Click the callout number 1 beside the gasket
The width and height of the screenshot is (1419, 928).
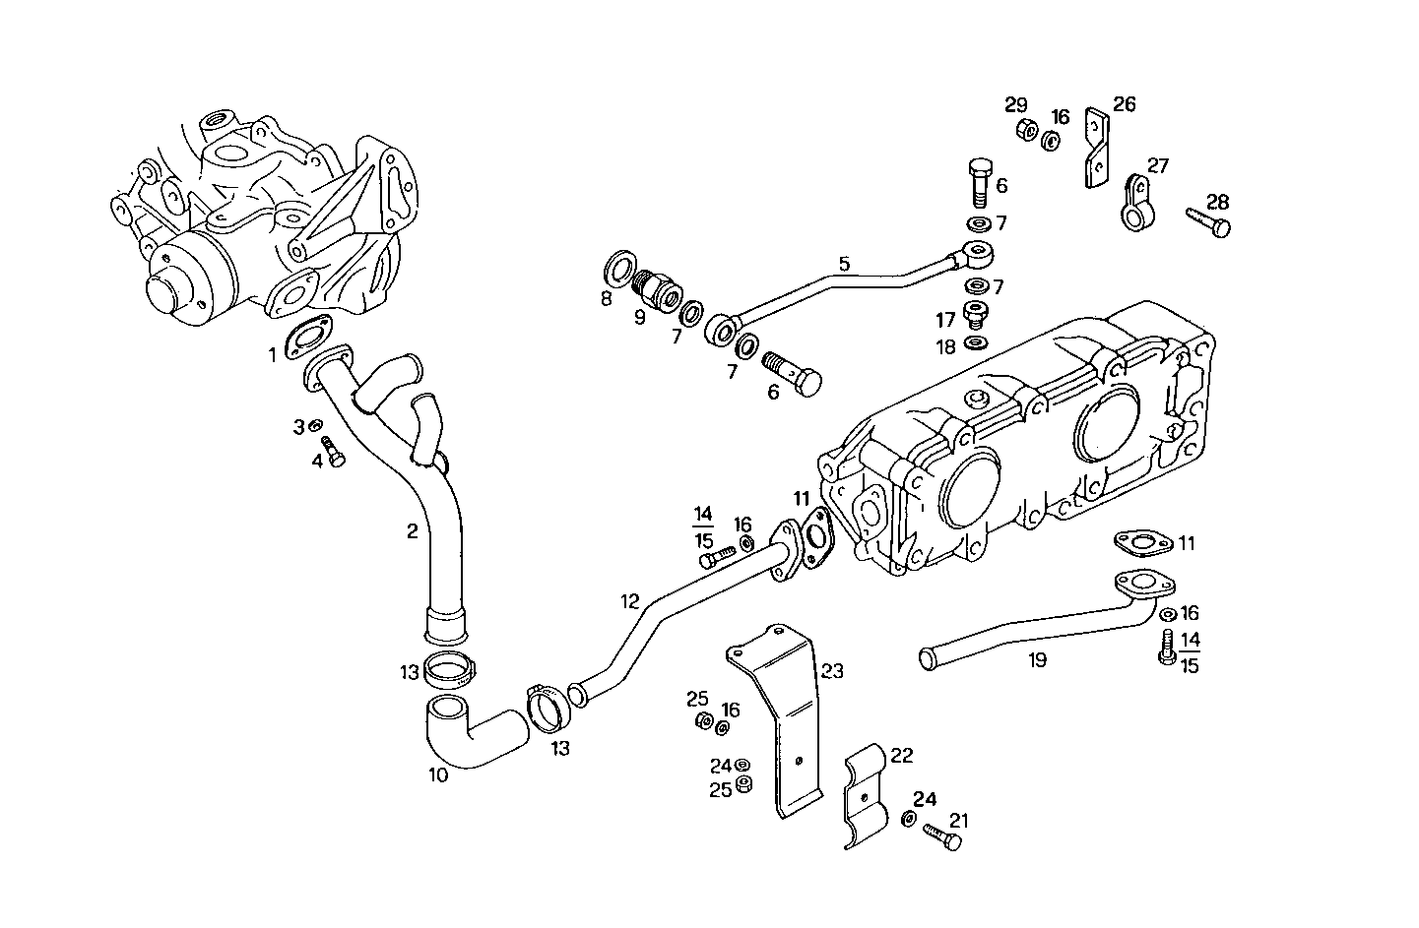pyautogui.click(x=274, y=354)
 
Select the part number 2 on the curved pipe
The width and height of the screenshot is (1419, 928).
pyautogui.click(x=413, y=531)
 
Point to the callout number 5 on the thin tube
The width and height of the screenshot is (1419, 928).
pyautogui.click(x=843, y=264)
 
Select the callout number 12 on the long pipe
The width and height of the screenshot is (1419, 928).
pyautogui.click(x=630, y=600)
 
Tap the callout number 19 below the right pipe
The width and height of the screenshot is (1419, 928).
pyautogui.click(x=1037, y=660)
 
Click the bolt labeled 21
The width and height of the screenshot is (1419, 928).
pyautogui.click(x=944, y=837)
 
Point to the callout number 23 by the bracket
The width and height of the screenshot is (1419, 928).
pyautogui.click(x=833, y=671)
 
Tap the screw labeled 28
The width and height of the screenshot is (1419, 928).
pyautogui.click(x=1208, y=221)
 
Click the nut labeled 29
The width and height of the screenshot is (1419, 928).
pyautogui.click(x=1023, y=129)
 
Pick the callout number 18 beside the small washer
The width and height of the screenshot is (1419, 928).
pyautogui.click(x=945, y=346)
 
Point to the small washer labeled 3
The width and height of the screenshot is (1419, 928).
pyautogui.click(x=315, y=425)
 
